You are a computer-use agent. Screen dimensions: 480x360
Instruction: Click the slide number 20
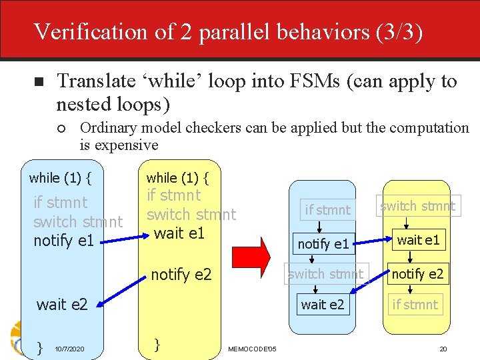[x=443, y=349]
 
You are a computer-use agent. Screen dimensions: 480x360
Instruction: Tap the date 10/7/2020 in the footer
[x=69, y=349]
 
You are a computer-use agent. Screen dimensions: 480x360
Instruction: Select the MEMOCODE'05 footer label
[x=252, y=349]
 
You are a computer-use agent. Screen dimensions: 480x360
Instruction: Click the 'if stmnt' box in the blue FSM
[x=327, y=210]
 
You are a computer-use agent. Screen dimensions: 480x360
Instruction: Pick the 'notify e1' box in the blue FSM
[x=323, y=244]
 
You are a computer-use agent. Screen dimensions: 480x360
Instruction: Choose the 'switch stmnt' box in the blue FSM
[x=326, y=274]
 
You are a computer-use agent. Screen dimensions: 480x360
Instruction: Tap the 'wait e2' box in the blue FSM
[x=323, y=305]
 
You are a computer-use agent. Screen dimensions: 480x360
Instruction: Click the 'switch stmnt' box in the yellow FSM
[x=417, y=206]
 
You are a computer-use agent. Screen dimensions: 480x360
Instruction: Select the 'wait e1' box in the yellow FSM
[x=418, y=240]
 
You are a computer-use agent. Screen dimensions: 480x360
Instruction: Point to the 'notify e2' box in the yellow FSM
[x=417, y=273]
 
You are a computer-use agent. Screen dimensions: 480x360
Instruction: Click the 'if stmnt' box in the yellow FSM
[x=415, y=305]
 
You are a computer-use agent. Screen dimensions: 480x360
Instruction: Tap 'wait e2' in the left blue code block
[x=62, y=305]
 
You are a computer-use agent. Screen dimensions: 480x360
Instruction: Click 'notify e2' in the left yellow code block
[x=181, y=273]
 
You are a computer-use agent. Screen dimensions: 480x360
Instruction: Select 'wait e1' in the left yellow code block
[x=179, y=233]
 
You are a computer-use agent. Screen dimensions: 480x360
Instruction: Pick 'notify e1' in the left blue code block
[x=63, y=240]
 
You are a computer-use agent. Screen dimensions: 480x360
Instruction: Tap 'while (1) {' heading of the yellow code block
[x=177, y=178]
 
